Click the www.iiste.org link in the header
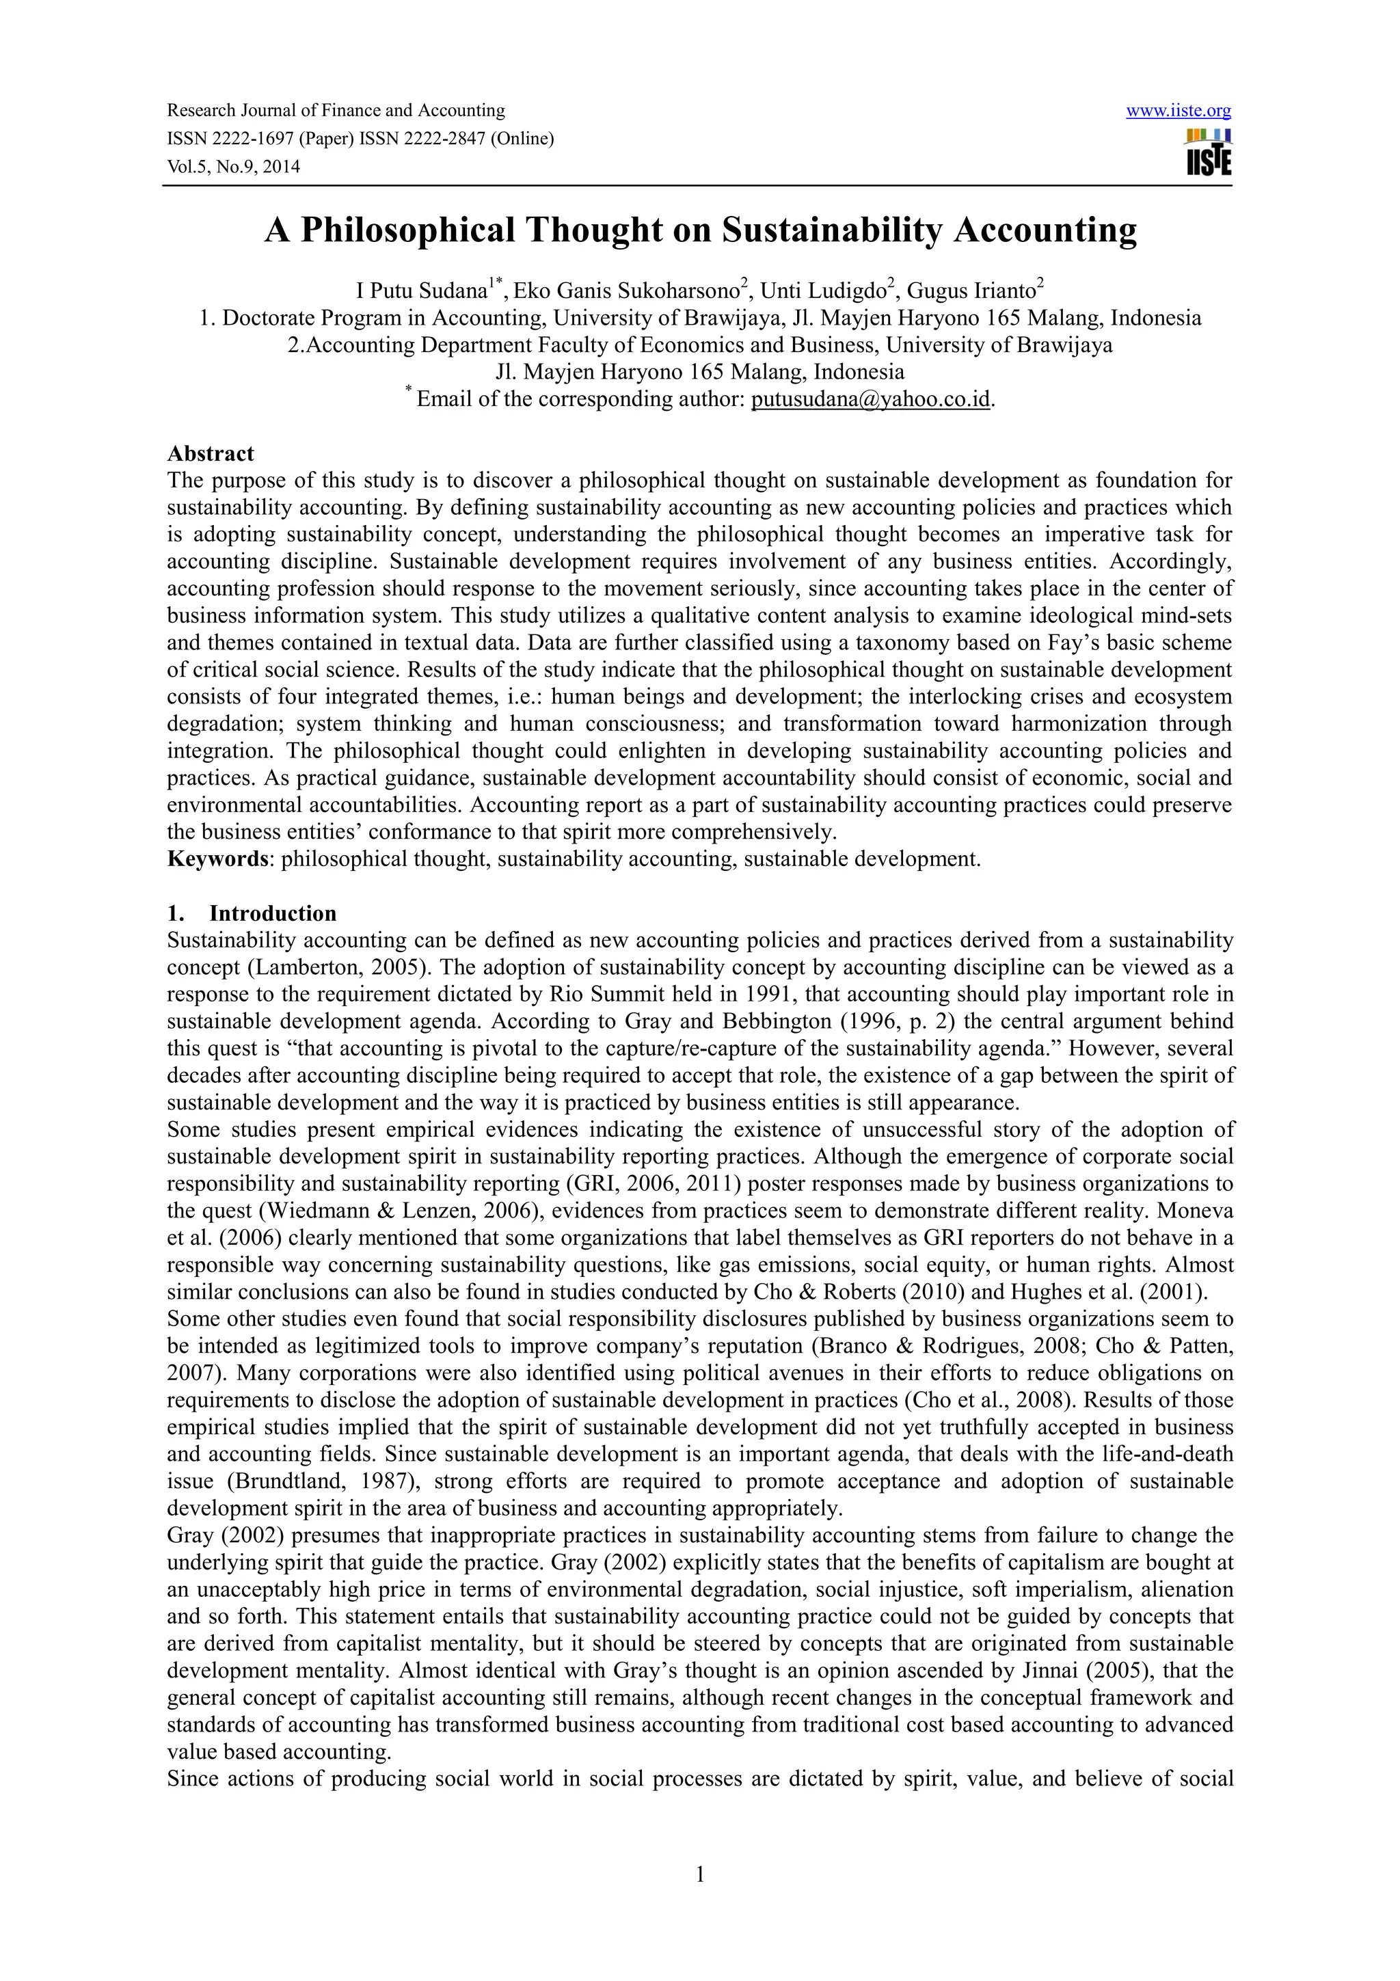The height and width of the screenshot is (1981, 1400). pyautogui.click(x=1179, y=111)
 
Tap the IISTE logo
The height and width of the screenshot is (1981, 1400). pyautogui.click(x=1209, y=152)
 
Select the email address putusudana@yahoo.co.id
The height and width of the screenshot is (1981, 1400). pyautogui.click(x=870, y=399)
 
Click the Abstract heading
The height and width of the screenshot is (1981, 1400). pyautogui.click(x=211, y=454)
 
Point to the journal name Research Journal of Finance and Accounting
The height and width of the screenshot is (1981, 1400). pyautogui.click(x=336, y=111)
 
